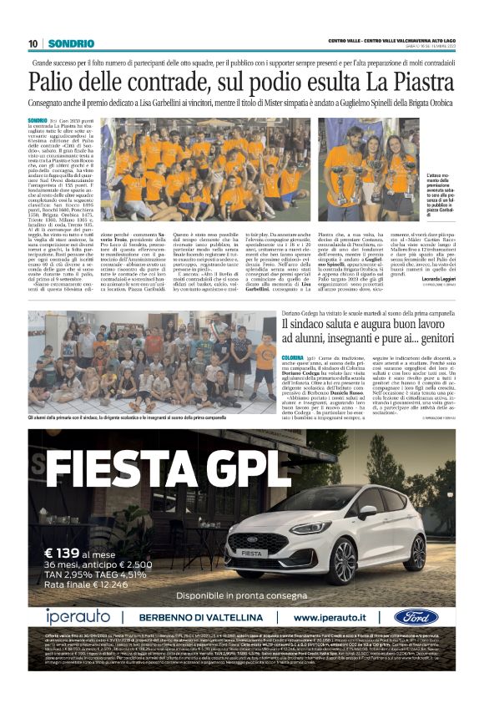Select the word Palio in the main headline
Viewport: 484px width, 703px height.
tap(55, 82)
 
